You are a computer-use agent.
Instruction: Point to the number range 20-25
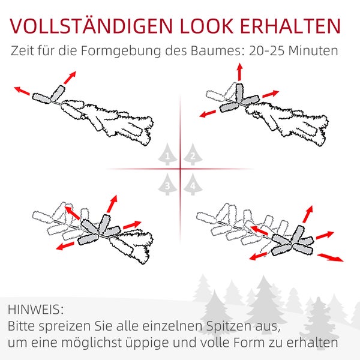click(x=266, y=51)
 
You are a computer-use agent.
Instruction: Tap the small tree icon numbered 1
click(x=167, y=155)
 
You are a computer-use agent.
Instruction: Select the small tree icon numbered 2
click(x=192, y=155)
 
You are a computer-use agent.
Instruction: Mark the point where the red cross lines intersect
click(x=179, y=169)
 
